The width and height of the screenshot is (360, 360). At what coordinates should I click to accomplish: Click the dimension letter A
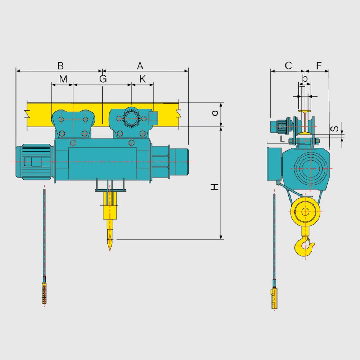[140, 66]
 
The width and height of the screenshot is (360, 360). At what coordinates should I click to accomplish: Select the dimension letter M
[63, 79]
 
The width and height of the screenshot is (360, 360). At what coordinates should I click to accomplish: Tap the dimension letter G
[103, 79]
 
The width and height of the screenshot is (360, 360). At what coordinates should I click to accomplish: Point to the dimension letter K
[143, 79]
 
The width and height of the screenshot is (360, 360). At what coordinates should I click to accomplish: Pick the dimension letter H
[215, 186]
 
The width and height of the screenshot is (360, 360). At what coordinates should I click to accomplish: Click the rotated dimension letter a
[215, 113]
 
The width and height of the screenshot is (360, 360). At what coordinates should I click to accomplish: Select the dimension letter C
[288, 66]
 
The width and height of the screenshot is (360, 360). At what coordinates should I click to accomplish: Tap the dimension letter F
[319, 66]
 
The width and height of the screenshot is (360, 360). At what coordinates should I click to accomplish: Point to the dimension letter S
[335, 129]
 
